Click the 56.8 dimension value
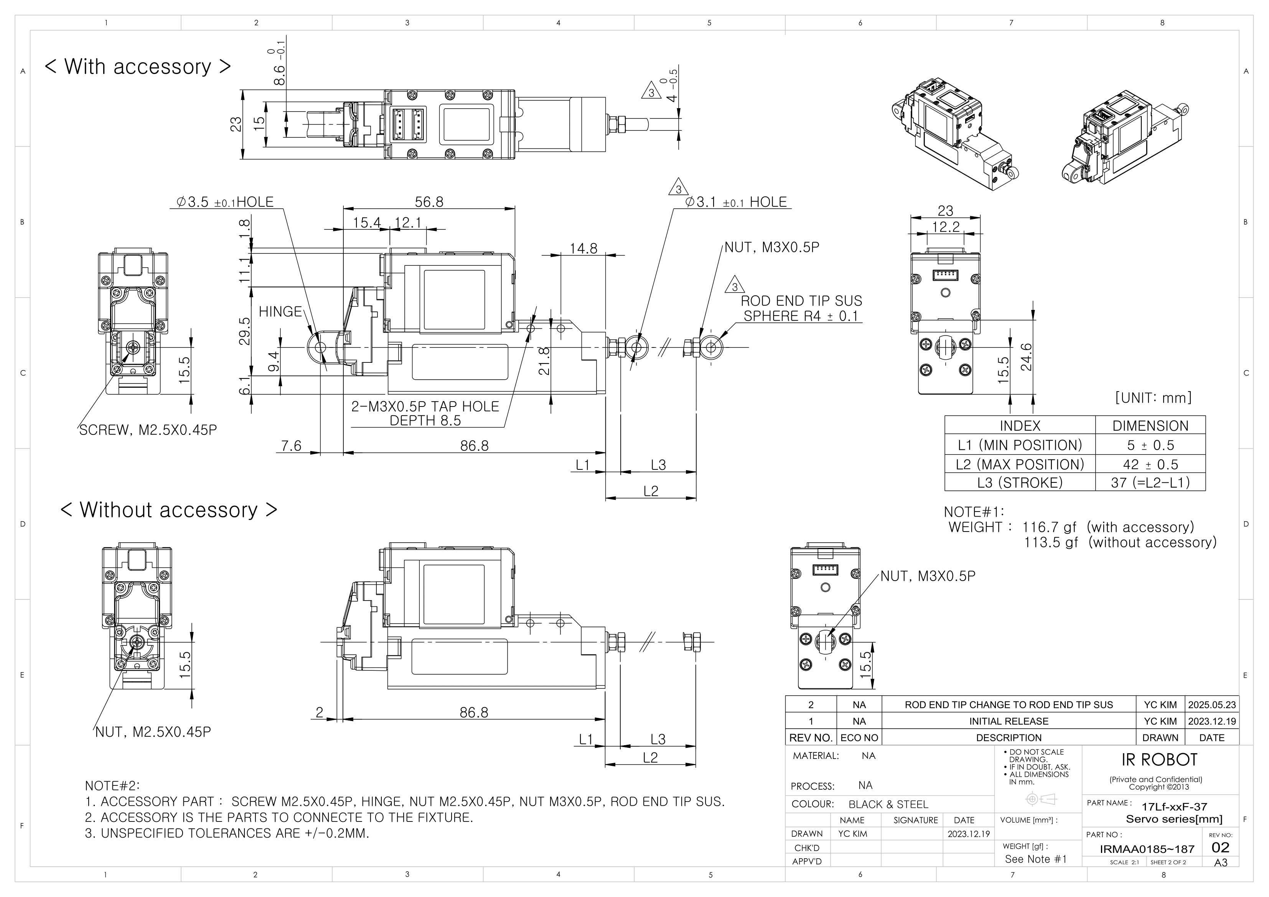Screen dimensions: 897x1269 click(429, 202)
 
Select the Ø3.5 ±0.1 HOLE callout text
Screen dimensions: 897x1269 click(225, 202)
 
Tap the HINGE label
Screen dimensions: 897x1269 click(280, 312)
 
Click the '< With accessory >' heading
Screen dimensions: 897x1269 click(138, 66)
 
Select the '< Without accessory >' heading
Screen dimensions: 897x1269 click(168, 510)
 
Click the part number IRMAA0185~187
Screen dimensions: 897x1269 click(1147, 849)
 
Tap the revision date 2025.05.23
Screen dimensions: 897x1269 click(1211, 704)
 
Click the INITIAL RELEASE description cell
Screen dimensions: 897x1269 click(1008, 721)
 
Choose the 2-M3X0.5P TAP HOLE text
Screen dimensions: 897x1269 click(425, 407)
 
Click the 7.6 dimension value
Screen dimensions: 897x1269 click(291, 446)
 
